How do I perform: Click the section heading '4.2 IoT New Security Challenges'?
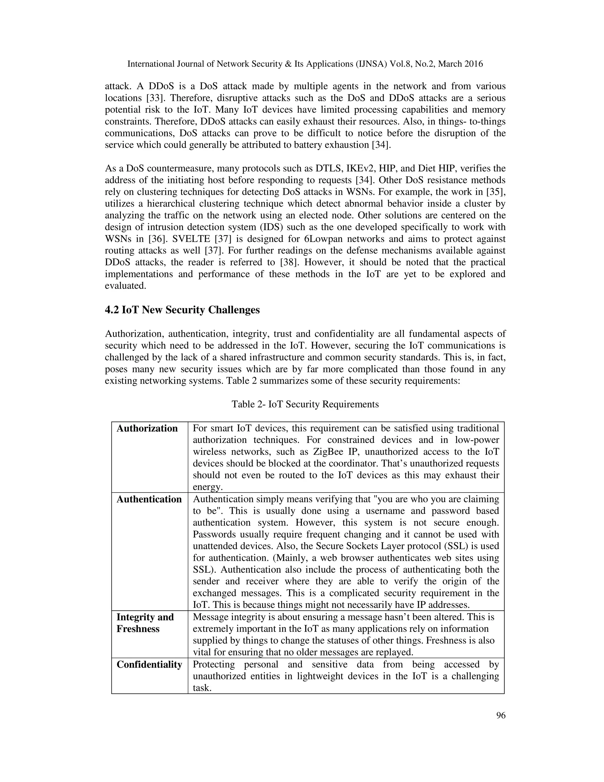point(182,310)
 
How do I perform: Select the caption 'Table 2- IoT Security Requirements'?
point(305,404)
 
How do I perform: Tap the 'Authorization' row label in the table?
point(147,428)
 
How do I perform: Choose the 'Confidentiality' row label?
point(149,665)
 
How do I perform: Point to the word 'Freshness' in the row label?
point(138,629)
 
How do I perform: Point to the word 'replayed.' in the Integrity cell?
point(393,652)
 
